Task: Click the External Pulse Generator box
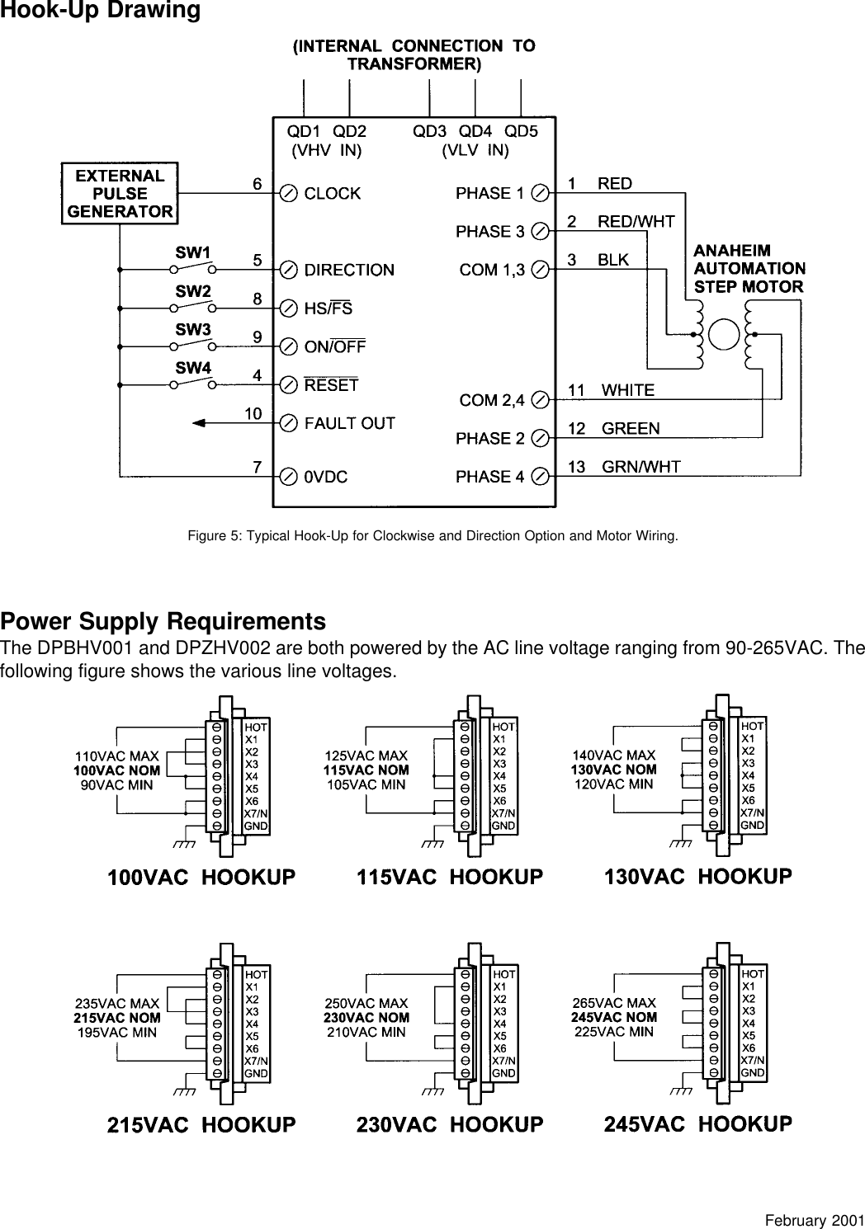pos(120,194)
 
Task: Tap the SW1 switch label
pos(192,251)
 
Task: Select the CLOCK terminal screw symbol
pos(290,194)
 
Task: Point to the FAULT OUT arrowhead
pos(198,423)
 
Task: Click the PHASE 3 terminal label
pos(489,232)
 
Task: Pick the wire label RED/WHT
pos(636,221)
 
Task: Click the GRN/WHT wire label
pos(641,467)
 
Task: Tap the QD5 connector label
pos(521,131)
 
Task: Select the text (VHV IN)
pos(328,150)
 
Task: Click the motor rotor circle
pos(726,333)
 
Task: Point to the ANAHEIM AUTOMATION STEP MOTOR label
pos(749,268)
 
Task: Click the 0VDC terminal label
pos(325,477)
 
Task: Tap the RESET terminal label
pos(331,385)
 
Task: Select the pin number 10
pos(253,412)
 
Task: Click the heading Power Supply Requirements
pos(163,620)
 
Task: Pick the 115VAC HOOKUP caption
pos(450,878)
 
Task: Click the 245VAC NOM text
pos(614,1017)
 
